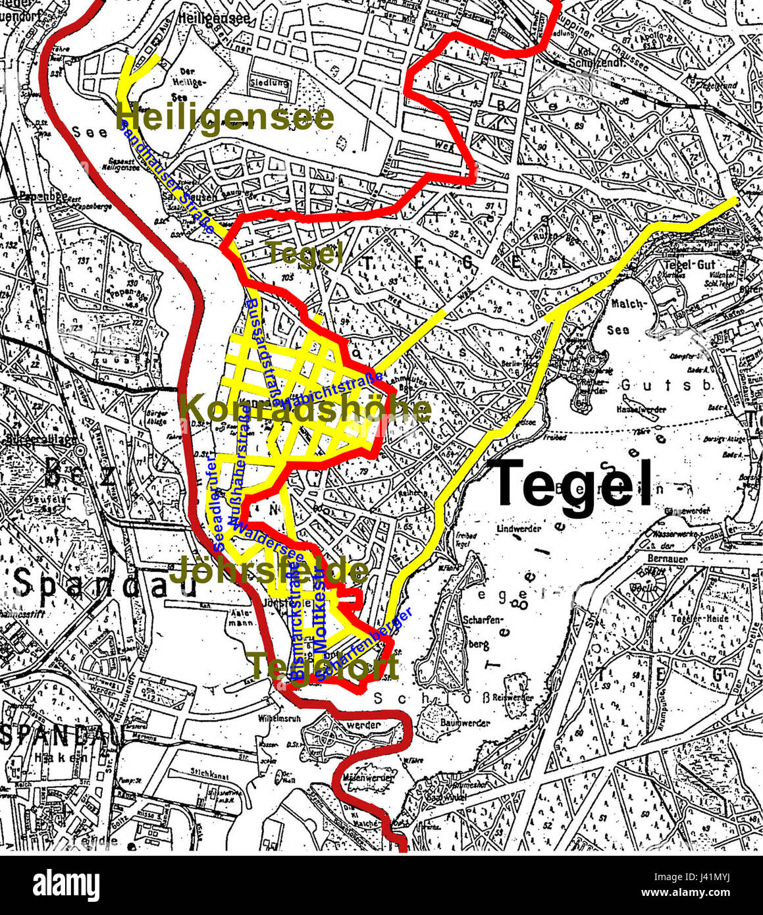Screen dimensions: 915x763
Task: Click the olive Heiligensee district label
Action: click(x=224, y=118)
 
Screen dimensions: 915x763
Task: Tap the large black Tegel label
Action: click(x=573, y=484)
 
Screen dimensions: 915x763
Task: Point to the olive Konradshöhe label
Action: click(x=305, y=409)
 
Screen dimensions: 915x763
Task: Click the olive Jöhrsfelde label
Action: click(x=269, y=571)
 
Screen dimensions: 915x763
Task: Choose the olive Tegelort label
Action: click(x=324, y=666)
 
